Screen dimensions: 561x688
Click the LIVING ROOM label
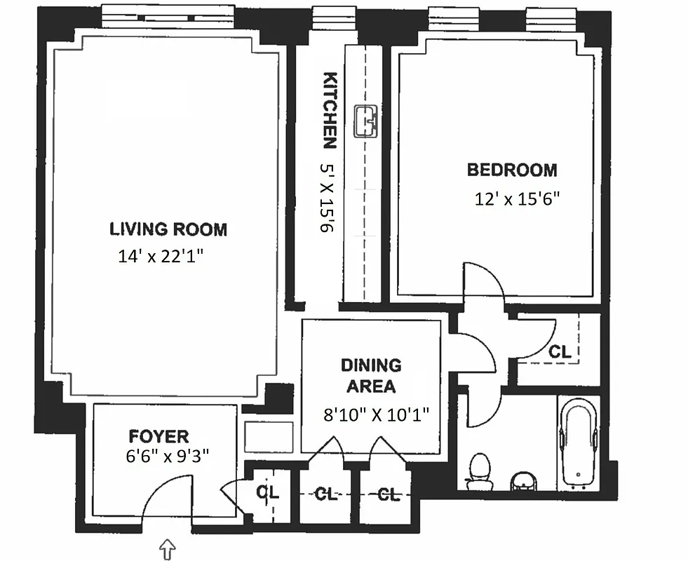(168, 229)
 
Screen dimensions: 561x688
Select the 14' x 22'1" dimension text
(161, 257)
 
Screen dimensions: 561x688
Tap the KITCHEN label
(330, 111)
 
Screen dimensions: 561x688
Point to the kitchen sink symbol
(365, 121)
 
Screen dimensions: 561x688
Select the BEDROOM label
(512, 170)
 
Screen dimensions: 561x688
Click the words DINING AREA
(371, 376)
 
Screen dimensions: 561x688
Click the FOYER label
(158, 436)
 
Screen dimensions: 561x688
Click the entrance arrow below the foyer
(168, 548)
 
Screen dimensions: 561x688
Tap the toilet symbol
(480, 470)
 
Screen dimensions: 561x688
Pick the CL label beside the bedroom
(560, 352)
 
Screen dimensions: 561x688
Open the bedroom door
(483, 280)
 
